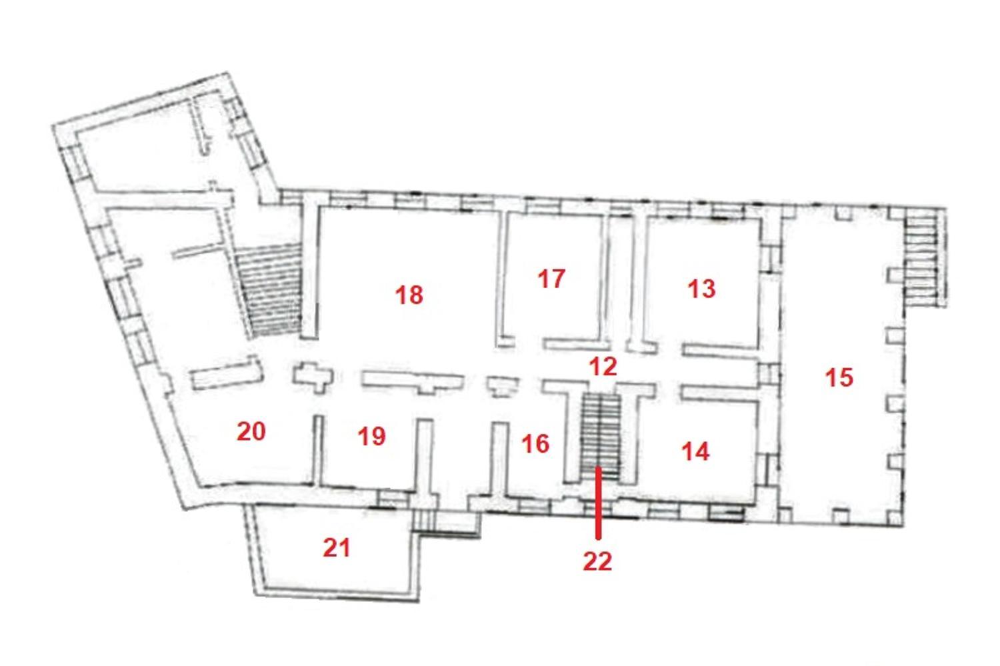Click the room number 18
(x=409, y=295)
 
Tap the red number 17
(x=551, y=279)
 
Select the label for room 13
(x=701, y=289)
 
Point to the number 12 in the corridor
(x=603, y=366)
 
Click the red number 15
(x=839, y=377)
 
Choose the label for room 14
(x=695, y=451)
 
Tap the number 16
(x=535, y=444)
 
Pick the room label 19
(x=372, y=436)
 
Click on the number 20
(x=251, y=431)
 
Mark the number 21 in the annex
(x=337, y=548)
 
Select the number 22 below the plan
(x=597, y=561)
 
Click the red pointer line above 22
(x=598, y=503)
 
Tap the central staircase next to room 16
(x=601, y=437)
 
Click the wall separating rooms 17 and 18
(x=504, y=279)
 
